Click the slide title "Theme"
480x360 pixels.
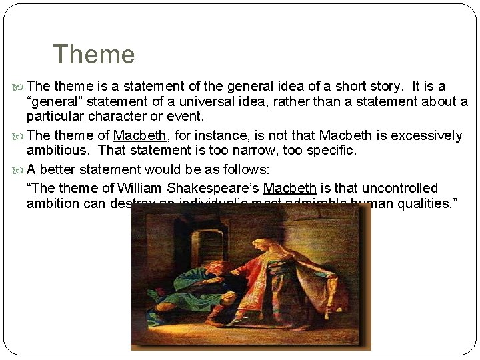point(93,54)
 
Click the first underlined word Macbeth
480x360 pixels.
point(139,136)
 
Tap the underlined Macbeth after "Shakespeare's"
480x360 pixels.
point(290,188)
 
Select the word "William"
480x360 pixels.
point(140,188)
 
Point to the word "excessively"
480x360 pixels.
point(426,136)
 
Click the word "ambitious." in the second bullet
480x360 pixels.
point(60,151)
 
